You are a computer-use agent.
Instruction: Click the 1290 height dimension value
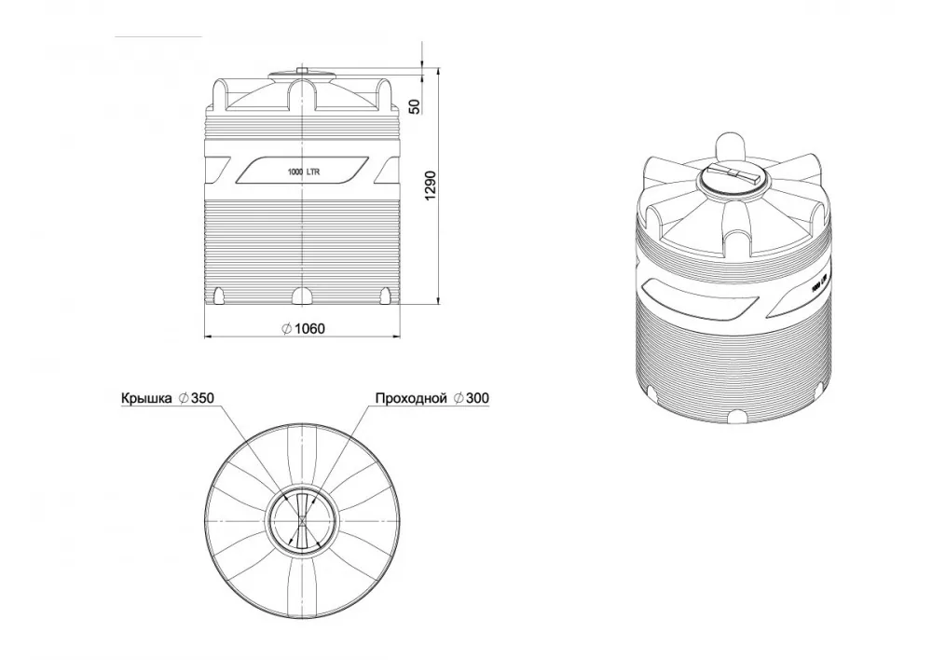click(431, 186)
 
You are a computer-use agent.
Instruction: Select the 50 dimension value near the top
click(415, 106)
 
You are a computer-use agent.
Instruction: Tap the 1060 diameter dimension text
click(309, 328)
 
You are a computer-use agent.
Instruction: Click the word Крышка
click(146, 398)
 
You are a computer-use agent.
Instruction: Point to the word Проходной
click(411, 398)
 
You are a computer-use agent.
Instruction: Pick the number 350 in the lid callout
click(202, 398)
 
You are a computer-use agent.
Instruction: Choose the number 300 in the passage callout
click(477, 398)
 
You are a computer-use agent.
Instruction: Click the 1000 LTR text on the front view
click(304, 172)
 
